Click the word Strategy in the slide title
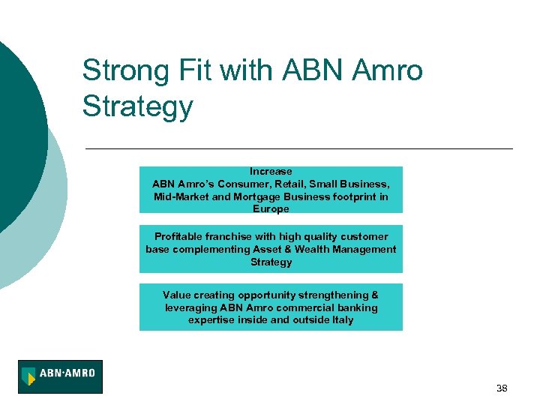137,106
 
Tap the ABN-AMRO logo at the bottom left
60,376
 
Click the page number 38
502,388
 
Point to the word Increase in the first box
271,172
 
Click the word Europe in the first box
271,209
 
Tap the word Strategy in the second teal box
271,262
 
